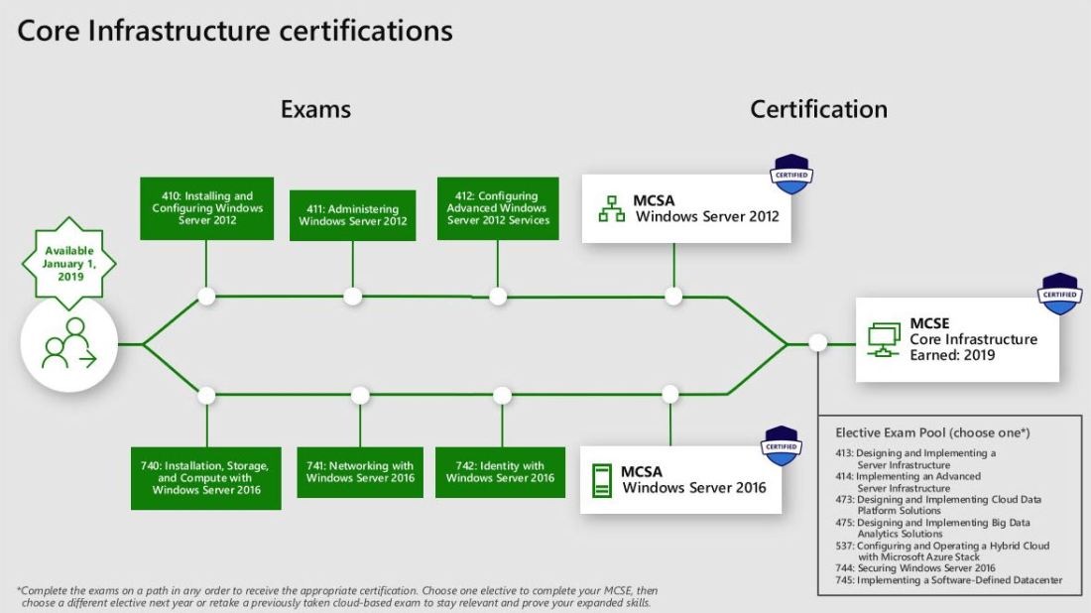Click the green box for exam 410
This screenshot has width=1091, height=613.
pyautogui.click(x=206, y=208)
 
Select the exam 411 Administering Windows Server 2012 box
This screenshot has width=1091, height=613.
pyautogui.click(x=353, y=215)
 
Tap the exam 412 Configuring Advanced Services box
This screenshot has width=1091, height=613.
pyautogui.click(x=497, y=208)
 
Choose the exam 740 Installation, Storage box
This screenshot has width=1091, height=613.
pyautogui.click(x=206, y=478)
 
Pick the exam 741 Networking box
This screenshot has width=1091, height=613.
pyautogui.click(x=360, y=472)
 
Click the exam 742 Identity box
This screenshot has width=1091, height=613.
pyautogui.click(x=500, y=472)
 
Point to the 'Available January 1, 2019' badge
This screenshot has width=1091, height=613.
pyautogui.click(x=68, y=264)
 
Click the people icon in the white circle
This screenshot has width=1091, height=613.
pyautogui.click(x=68, y=343)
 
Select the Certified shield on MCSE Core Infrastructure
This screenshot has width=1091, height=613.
pyautogui.click(x=1059, y=295)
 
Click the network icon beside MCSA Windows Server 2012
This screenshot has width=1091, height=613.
pyautogui.click(x=611, y=208)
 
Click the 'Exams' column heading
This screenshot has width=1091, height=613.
pyautogui.click(x=315, y=108)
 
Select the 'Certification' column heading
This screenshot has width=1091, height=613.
pyautogui.click(x=818, y=108)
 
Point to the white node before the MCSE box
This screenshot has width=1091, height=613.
pyautogui.click(x=817, y=343)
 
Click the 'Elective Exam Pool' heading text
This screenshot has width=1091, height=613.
pyautogui.click(x=932, y=432)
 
